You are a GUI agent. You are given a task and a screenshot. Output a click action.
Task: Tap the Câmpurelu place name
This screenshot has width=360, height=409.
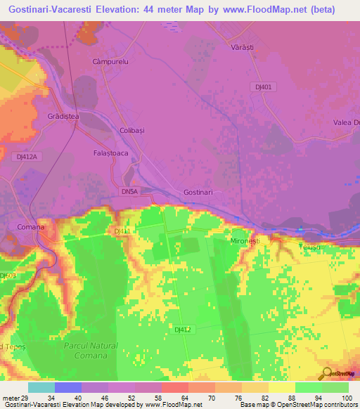tap(109, 62)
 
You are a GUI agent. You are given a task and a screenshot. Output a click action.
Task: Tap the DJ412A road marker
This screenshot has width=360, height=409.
tap(27, 157)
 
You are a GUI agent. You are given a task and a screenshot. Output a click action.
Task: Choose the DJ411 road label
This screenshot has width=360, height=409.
tap(122, 231)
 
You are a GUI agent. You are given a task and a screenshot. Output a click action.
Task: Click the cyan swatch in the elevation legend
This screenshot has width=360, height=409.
tap(41, 387)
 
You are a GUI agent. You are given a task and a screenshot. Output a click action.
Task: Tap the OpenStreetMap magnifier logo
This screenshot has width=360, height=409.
tap(327, 373)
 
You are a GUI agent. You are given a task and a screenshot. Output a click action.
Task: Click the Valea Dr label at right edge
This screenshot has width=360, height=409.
tap(346, 123)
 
